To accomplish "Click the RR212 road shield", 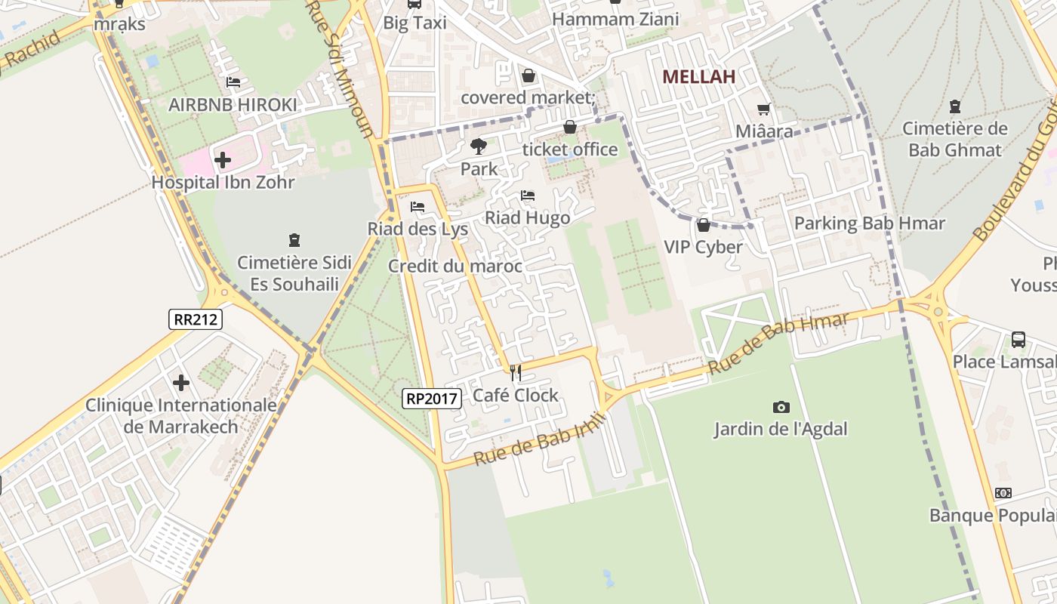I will click(x=196, y=319).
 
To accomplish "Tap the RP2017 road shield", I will click(x=431, y=399).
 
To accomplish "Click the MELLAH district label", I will click(x=698, y=76).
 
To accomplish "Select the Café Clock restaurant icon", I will click(x=516, y=372).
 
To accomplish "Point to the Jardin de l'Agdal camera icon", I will click(x=781, y=408).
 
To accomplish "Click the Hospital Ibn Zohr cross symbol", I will click(x=223, y=160).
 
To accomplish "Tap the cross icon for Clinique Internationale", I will click(x=181, y=383).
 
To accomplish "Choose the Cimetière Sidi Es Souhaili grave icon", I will click(x=294, y=241).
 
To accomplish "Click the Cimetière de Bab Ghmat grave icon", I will click(x=955, y=106).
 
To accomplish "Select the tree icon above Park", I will click(x=479, y=146).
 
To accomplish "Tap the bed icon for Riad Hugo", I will click(x=528, y=196).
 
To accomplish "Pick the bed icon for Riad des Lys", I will click(x=418, y=207).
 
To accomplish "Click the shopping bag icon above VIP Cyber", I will click(x=703, y=225).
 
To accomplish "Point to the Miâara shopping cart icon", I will click(x=764, y=109).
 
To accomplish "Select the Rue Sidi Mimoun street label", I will click(x=340, y=68).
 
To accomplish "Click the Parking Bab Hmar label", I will click(x=869, y=223).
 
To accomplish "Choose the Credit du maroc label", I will click(x=455, y=266).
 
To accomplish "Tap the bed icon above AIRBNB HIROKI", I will click(x=233, y=82).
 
